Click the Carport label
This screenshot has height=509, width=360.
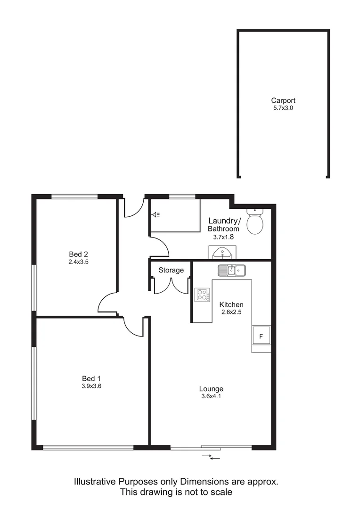pos(283,100)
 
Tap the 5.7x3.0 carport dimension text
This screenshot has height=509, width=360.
pos(283,108)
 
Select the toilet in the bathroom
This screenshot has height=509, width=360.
pos(255,222)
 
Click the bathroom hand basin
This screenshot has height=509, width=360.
pos(221,253)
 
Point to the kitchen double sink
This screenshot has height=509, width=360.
pos(231,270)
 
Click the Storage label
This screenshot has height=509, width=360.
pos(171,271)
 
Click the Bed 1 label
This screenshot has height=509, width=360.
pos(91,378)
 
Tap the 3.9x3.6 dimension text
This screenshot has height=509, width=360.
pos(91,386)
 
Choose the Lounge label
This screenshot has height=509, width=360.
pos(211,389)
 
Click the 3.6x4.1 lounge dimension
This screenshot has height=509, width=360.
pos(211,396)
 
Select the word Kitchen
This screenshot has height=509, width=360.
pos(231,304)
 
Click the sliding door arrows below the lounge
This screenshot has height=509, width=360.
pos(211,457)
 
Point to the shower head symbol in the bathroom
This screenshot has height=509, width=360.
pos(156,215)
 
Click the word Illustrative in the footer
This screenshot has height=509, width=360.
pos(95,482)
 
